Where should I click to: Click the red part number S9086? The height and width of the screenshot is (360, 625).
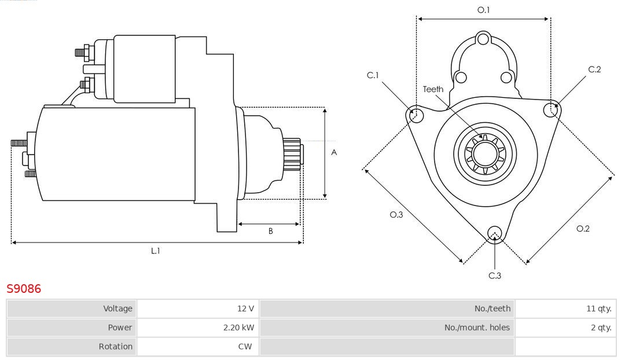pyautogui.click(x=24, y=289)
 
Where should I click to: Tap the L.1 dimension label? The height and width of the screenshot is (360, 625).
pyautogui.click(x=156, y=251)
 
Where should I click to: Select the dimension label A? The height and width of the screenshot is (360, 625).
pyautogui.click(x=334, y=153)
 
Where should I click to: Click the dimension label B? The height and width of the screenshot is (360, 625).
pyautogui.click(x=270, y=232)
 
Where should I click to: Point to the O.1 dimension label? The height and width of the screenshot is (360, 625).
pyautogui.click(x=483, y=10)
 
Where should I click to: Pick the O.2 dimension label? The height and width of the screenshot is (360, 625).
pyautogui.click(x=583, y=229)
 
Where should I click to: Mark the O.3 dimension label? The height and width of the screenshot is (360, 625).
pyautogui.click(x=396, y=215)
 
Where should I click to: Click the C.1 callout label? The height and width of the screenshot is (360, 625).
pyautogui.click(x=373, y=75)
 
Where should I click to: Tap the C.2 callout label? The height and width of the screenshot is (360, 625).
pyautogui.click(x=594, y=69)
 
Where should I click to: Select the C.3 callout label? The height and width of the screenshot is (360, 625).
pyautogui.click(x=495, y=275)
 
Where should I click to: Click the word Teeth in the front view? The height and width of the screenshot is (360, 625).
pyautogui.click(x=433, y=89)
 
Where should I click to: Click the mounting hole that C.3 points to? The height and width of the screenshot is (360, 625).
pyautogui.click(x=494, y=233)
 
